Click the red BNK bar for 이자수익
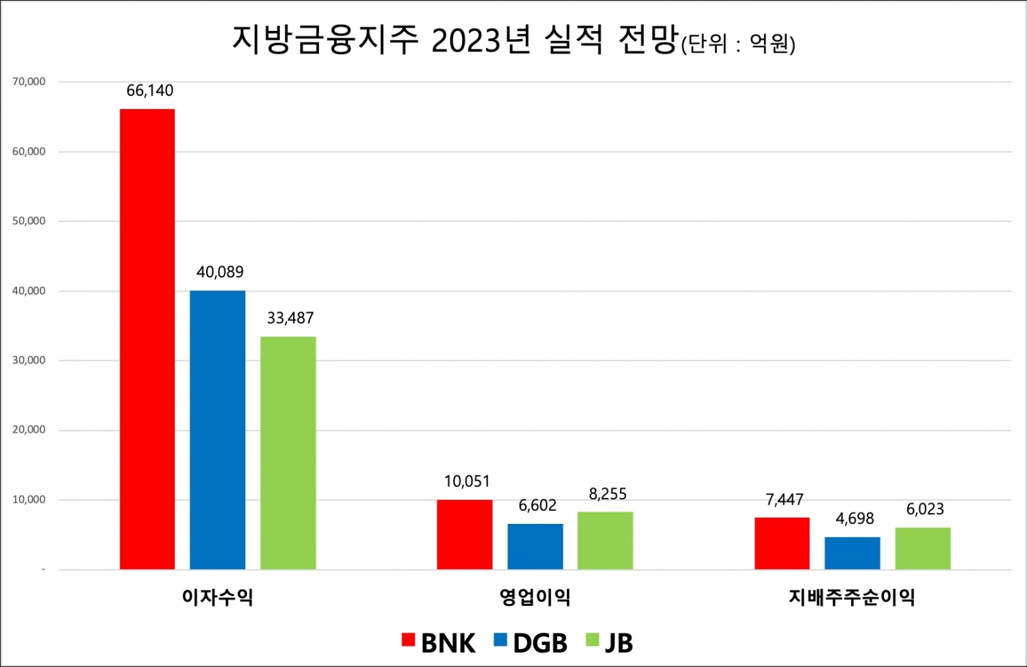click(147, 339)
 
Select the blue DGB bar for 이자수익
click(217, 429)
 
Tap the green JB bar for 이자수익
click(288, 453)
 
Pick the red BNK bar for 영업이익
click(464, 534)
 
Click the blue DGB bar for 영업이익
click(535, 546)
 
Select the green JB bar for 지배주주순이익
click(922, 548)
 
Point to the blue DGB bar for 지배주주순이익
click(852, 553)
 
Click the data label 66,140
click(150, 90)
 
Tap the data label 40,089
click(220, 272)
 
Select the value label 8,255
click(607, 494)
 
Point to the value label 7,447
click(784, 499)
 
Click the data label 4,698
click(854, 518)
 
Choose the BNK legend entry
click(439, 642)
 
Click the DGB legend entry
click(531, 642)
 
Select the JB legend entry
click(610, 642)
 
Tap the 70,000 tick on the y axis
click(29, 81)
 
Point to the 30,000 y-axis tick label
click(29, 360)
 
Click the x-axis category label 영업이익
click(535, 596)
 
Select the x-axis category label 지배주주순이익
click(852, 596)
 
